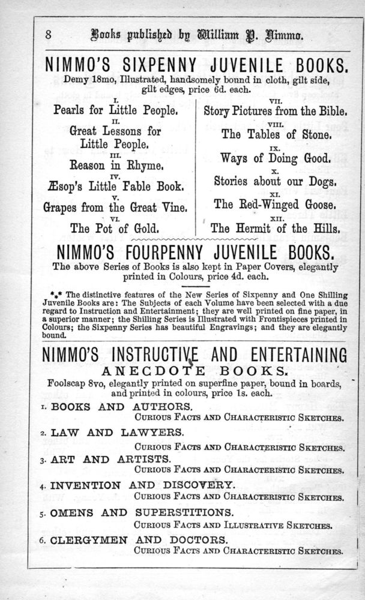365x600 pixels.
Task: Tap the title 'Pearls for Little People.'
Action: click(x=115, y=110)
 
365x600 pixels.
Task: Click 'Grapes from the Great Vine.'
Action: click(x=115, y=208)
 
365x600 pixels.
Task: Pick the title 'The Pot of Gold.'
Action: click(x=115, y=228)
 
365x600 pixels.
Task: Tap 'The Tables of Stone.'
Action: click(x=276, y=134)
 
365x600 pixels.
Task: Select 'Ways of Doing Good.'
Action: click(x=276, y=158)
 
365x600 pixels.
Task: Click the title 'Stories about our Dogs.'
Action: click(x=276, y=181)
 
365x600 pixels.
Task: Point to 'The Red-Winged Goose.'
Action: click(x=276, y=204)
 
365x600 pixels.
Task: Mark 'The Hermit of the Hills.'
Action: click(x=276, y=228)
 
